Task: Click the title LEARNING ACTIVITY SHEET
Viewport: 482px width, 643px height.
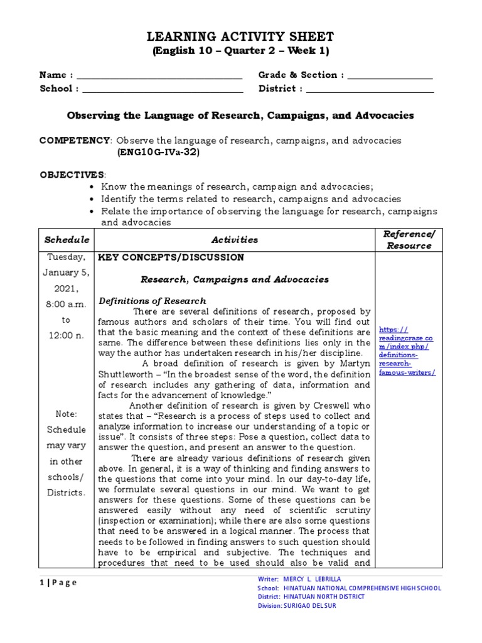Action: point(241,36)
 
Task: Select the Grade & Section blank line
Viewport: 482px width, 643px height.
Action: point(390,77)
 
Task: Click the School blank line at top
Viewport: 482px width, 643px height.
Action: point(163,90)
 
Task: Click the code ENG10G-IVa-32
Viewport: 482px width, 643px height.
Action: point(158,152)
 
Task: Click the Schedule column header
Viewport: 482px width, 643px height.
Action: point(67,240)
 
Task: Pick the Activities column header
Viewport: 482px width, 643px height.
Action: point(234,240)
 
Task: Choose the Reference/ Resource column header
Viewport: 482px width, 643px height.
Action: point(408,239)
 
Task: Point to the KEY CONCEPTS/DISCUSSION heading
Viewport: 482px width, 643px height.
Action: point(169,257)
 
